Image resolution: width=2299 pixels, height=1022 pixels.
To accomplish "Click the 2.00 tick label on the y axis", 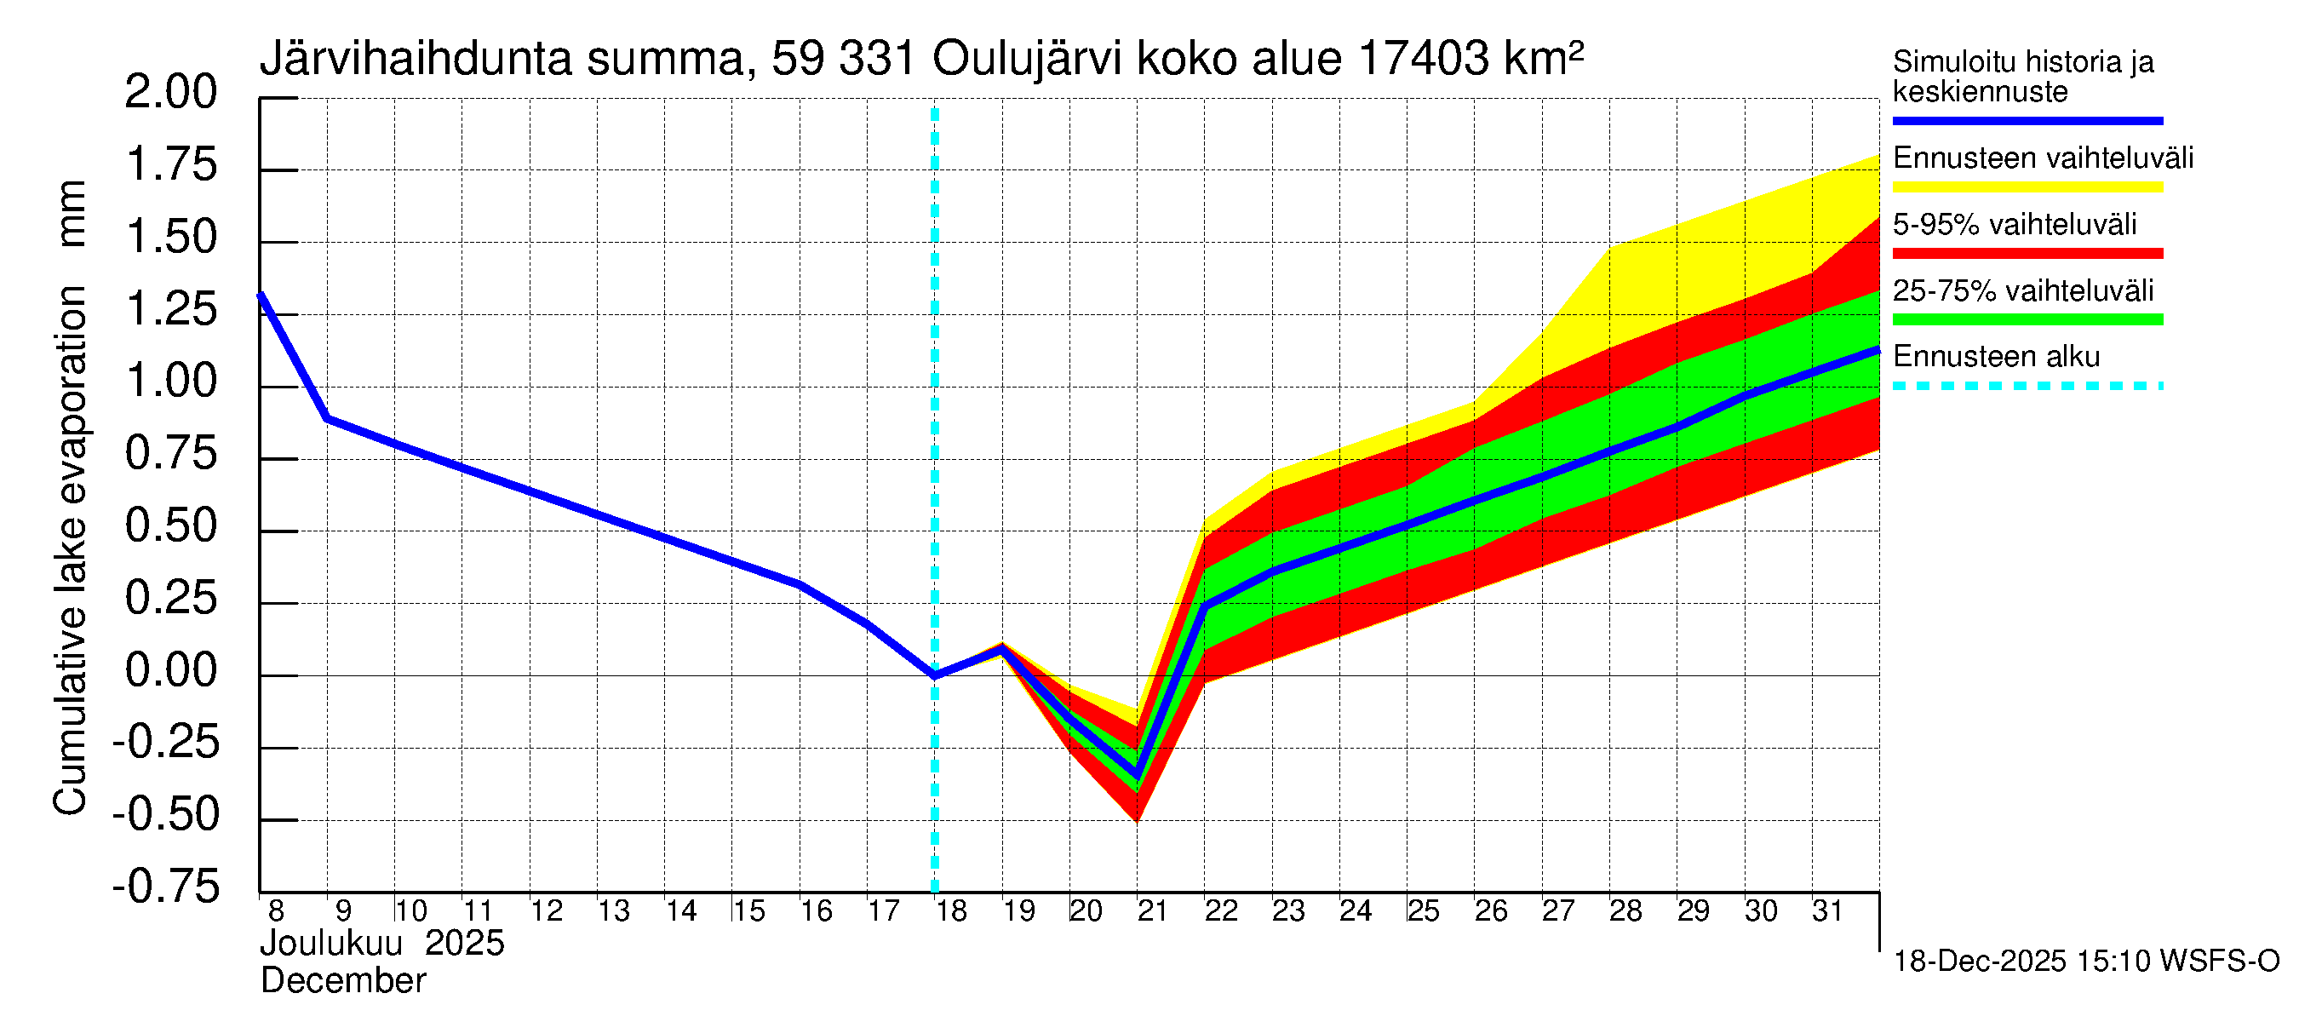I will pos(170,92).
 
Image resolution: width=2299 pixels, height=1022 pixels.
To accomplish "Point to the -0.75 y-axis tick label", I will pos(166,887).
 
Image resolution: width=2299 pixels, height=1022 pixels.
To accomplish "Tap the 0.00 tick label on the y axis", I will pos(170,670).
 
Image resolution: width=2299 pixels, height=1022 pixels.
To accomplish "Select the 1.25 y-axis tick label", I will pos(170,310).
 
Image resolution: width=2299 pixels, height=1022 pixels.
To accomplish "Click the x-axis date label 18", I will pos(951,910).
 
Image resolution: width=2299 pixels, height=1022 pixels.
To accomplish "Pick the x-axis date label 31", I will pos(1827,910).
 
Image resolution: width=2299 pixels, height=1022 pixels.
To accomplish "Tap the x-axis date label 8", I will pos(276,910).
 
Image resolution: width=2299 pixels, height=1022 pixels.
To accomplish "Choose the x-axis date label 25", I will pos(1423,910).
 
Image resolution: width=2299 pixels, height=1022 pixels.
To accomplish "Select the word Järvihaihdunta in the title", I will pos(416,59).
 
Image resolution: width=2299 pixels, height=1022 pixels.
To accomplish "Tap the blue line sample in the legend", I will pos(2027,120).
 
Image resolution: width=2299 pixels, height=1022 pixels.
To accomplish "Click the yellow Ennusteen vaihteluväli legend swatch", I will pos(2027,187).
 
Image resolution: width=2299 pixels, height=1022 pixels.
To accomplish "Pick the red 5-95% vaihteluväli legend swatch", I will pos(2027,254).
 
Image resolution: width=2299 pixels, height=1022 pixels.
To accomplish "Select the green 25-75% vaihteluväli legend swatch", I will pos(2027,319).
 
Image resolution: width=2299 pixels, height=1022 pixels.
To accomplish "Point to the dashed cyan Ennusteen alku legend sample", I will pos(2027,387).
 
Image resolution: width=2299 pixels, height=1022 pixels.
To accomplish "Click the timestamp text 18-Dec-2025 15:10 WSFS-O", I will pos(2085,962).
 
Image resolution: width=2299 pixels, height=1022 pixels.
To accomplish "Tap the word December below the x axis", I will pos(342,981).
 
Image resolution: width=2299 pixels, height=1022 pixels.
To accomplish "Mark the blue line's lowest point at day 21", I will pos(1137,773).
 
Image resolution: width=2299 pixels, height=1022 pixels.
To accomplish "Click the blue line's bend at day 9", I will pos(328,417).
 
